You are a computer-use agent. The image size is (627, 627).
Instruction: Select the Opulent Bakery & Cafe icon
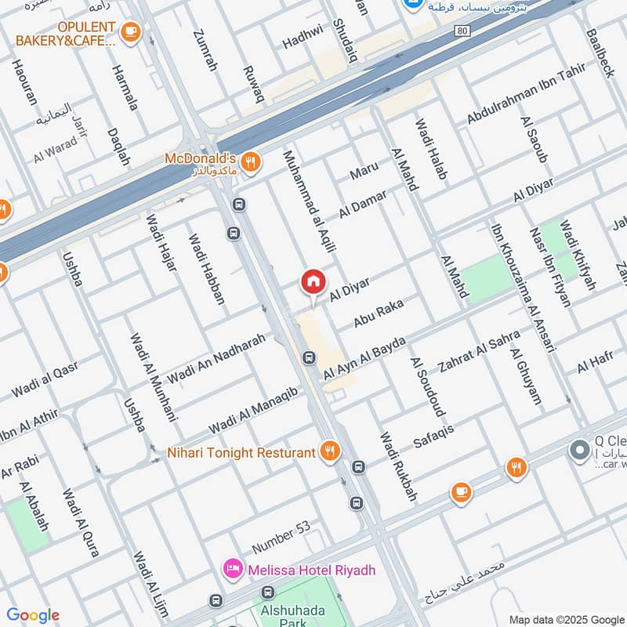pos(131,31)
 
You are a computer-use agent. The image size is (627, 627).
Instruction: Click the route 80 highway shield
pos(462,30)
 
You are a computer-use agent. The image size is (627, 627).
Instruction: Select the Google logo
pos(33,615)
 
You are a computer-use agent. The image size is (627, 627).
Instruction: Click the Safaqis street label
pos(433,437)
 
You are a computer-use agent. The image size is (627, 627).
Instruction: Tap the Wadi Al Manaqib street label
pos(252,411)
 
